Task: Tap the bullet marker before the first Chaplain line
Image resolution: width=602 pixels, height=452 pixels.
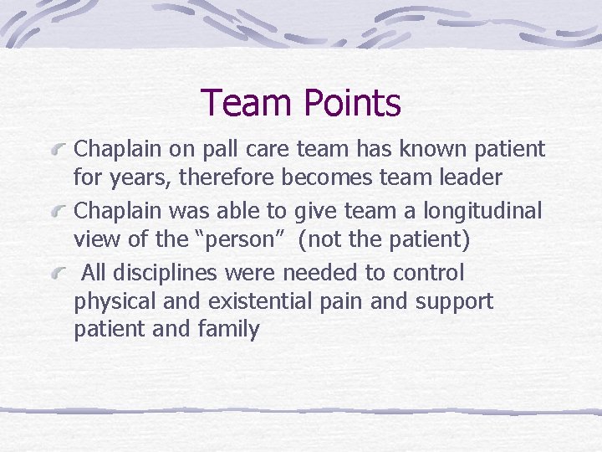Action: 59,151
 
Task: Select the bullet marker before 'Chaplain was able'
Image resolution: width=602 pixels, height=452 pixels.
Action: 59,213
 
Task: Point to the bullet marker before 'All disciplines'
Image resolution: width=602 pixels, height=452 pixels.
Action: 59,274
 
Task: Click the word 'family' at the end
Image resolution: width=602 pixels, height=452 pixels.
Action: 228,329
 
